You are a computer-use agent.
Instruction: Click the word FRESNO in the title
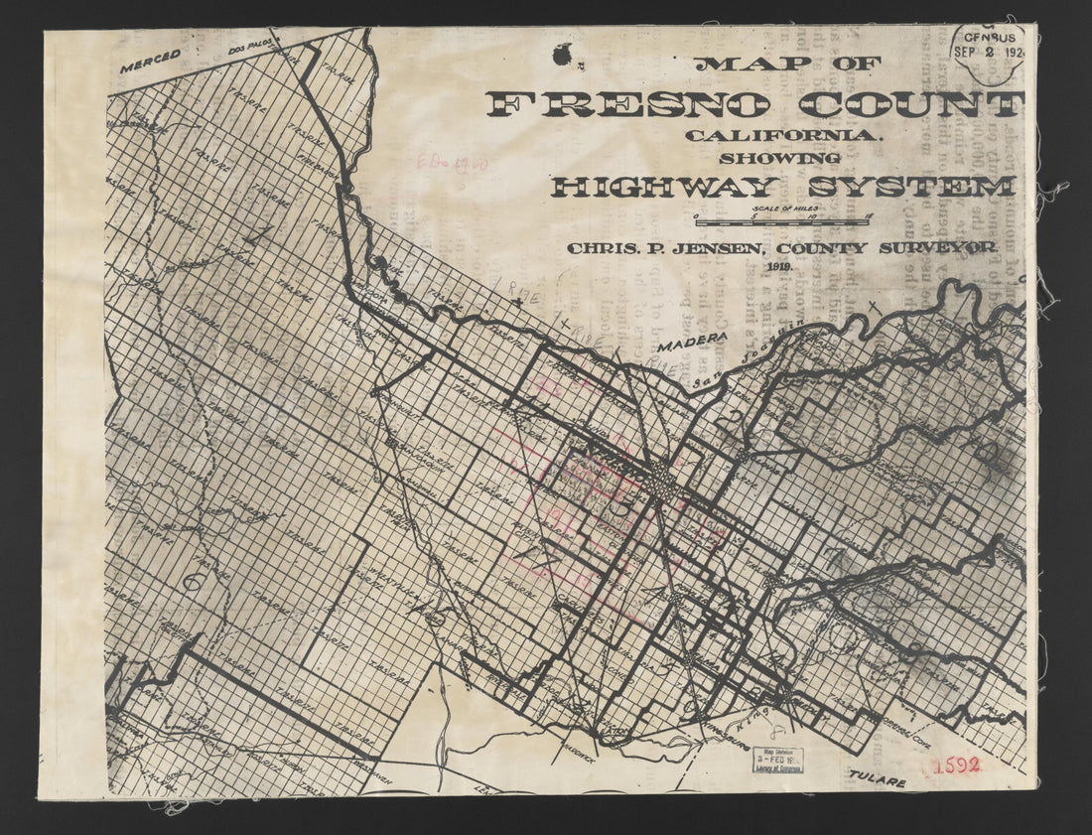tap(628, 104)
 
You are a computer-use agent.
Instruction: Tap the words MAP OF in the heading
tap(787, 64)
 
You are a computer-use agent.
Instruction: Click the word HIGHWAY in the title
tap(665, 187)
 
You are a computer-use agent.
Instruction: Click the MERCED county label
tap(151, 62)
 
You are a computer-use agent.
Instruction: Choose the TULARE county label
tap(877, 781)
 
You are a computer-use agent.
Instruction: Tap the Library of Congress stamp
tap(777, 760)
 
